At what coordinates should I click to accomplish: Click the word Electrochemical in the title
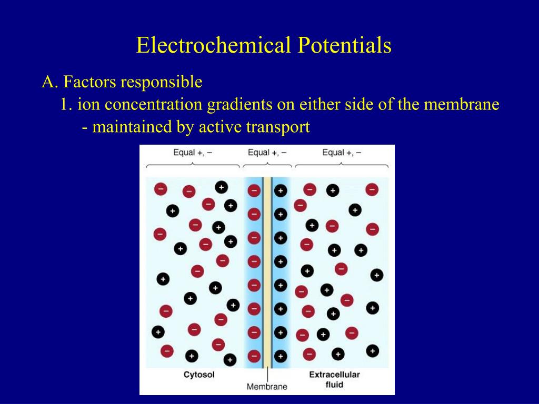coord(213,45)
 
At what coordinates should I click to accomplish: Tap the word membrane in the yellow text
coord(462,105)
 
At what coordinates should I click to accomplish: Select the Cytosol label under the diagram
coord(199,375)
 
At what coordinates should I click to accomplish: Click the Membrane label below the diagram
coord(267,387)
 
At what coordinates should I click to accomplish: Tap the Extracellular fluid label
coord(334,379)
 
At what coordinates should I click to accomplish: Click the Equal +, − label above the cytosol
coord(193,153)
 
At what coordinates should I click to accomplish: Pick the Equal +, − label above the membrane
coord(267,153)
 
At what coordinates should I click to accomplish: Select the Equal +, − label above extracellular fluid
coord(342,153)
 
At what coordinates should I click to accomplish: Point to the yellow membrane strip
coord(267,274)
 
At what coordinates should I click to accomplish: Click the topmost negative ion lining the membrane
coord(254,190)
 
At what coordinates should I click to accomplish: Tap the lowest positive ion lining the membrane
coord(281,356)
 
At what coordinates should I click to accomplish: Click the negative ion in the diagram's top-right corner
coord(372,189)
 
